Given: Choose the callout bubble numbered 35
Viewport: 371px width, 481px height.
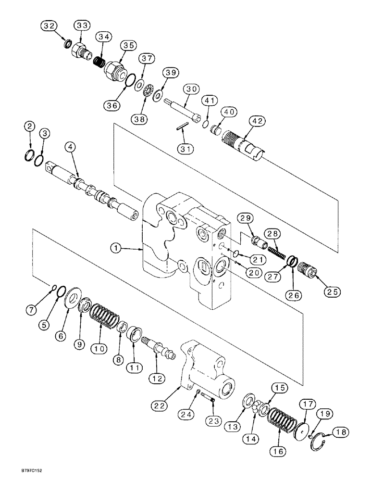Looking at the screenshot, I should click(128, 46).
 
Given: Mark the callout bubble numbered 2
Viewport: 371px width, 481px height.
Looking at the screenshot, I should click(30, 127).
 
